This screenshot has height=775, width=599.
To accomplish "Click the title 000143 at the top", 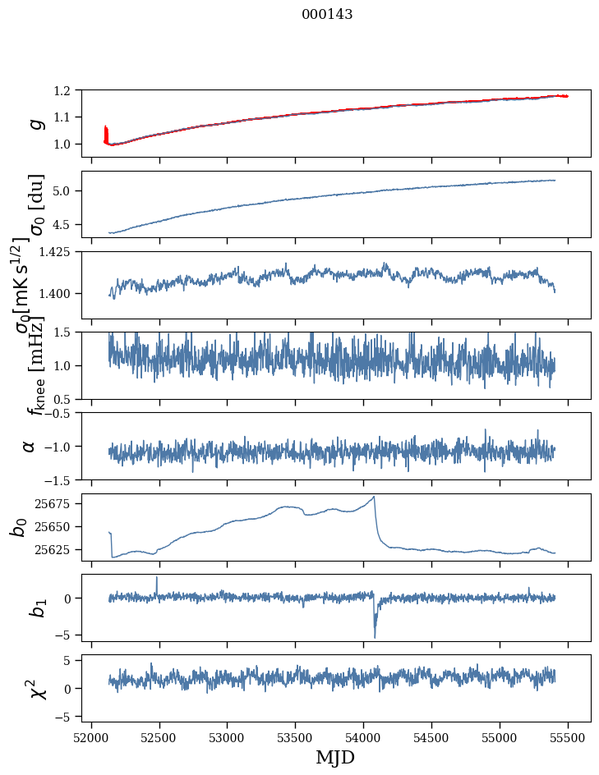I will tap(327, 14).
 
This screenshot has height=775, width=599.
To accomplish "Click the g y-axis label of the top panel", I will tap(35, 123).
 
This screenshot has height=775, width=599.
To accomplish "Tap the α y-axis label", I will tap(30, 446).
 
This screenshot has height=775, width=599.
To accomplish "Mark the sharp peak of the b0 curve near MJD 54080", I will tap(374, 497).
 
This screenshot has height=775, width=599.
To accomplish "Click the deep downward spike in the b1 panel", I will tap(375, 636).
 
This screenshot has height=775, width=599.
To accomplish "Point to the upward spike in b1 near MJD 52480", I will tap(157, 578).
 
